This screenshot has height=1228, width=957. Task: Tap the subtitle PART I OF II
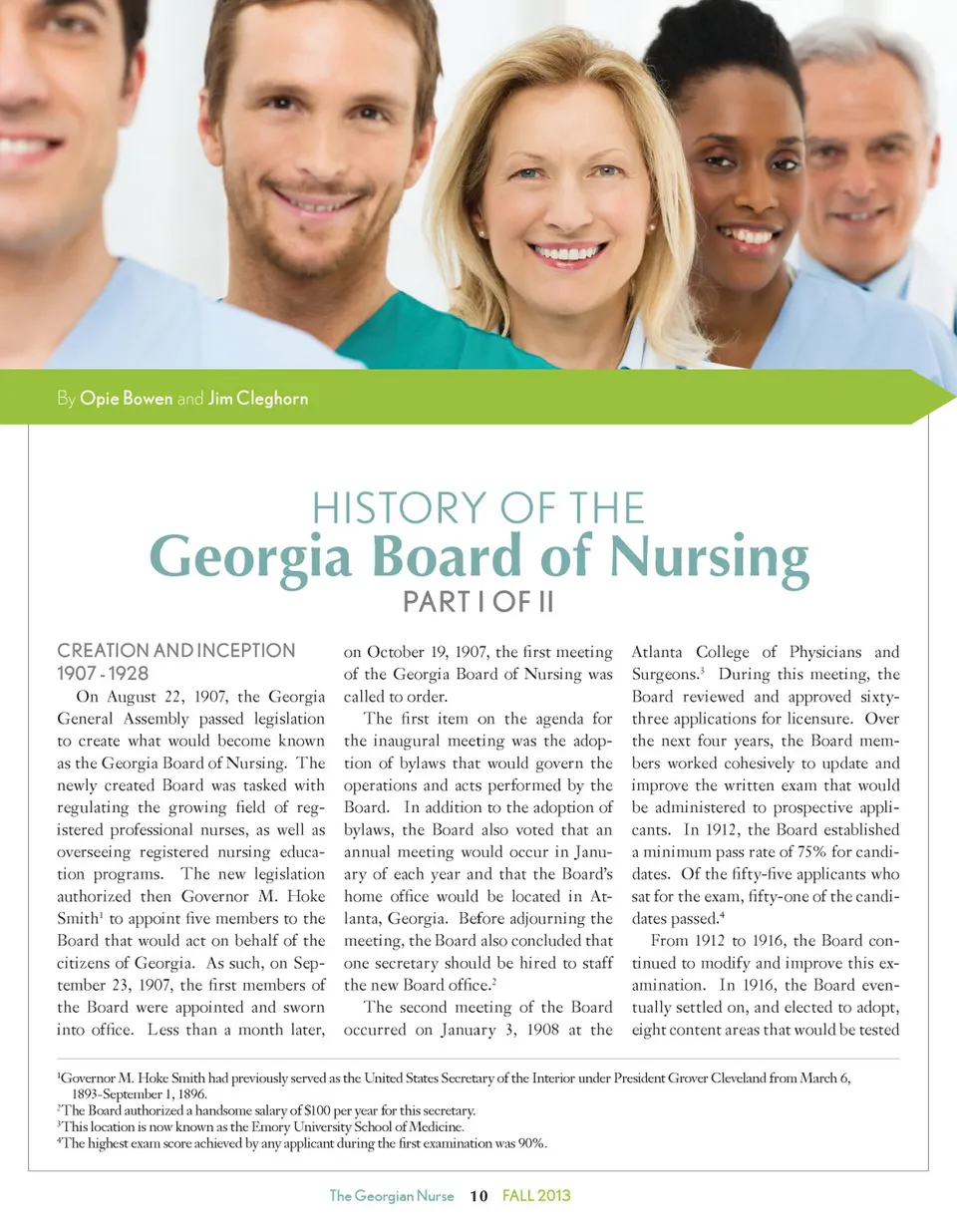pos(478,604)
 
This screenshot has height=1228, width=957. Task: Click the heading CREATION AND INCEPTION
pos(176,651)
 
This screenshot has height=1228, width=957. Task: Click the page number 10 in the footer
pos(478,1196)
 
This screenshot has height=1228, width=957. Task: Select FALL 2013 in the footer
pos(536,1196)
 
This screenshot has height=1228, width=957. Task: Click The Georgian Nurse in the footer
pos(392,1196)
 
